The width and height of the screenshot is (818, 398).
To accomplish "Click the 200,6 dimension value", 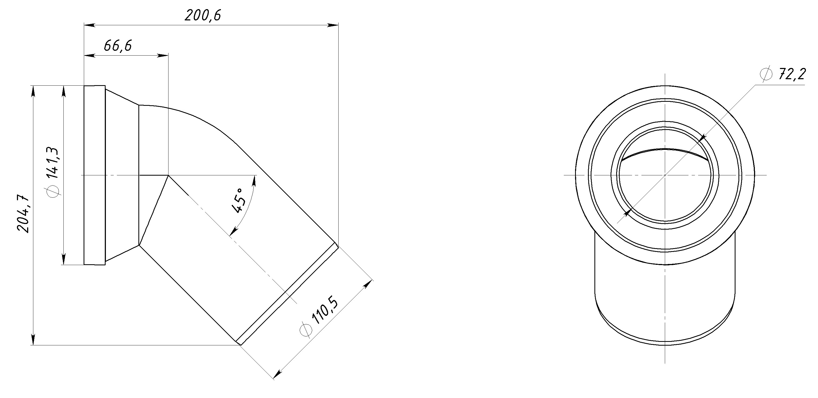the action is click(203, 15).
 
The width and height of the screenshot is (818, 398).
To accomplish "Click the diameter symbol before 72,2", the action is click(766, 75).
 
